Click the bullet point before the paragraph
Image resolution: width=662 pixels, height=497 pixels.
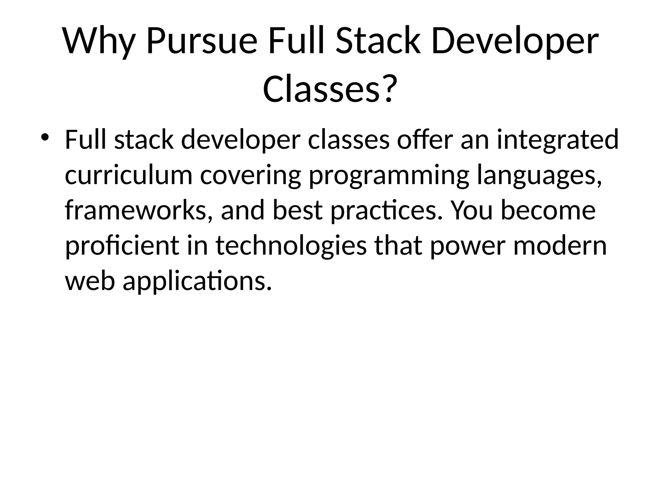44,136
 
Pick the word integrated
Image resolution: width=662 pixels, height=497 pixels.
558,140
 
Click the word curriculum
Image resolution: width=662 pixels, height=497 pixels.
129,175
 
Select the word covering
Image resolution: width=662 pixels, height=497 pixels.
251,175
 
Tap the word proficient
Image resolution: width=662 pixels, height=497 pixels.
122,246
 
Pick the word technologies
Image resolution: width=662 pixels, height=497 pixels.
291,246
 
